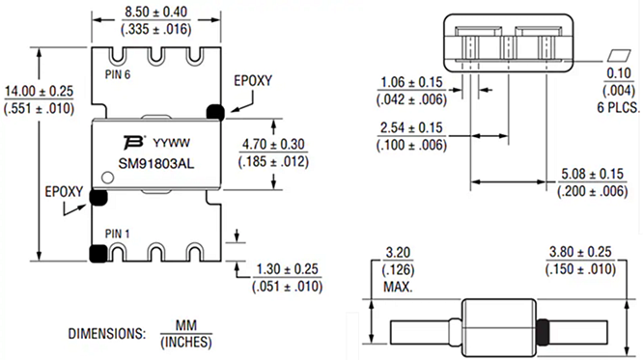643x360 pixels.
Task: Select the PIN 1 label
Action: pos(118,233)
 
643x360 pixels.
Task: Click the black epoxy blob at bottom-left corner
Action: pos(97,254)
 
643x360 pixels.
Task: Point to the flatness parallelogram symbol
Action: pos(617,54)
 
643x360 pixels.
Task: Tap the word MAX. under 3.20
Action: pos(392,287)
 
